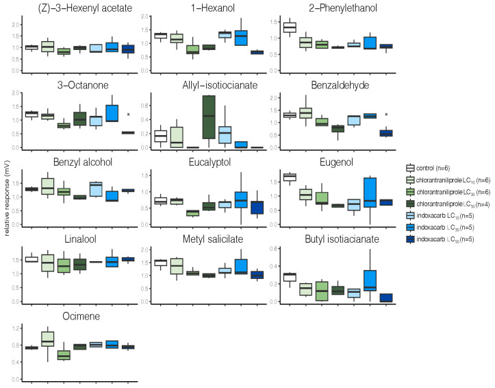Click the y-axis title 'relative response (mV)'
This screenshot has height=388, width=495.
tap(6, 195)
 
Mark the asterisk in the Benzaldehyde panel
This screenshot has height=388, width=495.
tap(387, 114)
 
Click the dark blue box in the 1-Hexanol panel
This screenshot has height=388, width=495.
tap(257, 52)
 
